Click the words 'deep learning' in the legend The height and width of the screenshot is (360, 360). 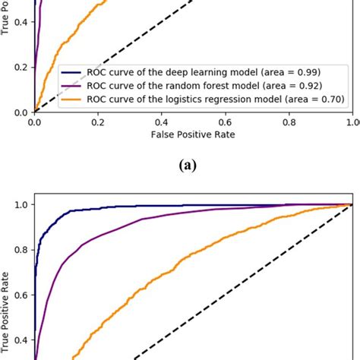[170, 71]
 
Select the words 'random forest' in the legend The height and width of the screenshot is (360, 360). [175, 84]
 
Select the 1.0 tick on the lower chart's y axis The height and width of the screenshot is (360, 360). [21, 204]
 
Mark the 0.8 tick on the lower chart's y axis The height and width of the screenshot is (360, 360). [21, 248]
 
